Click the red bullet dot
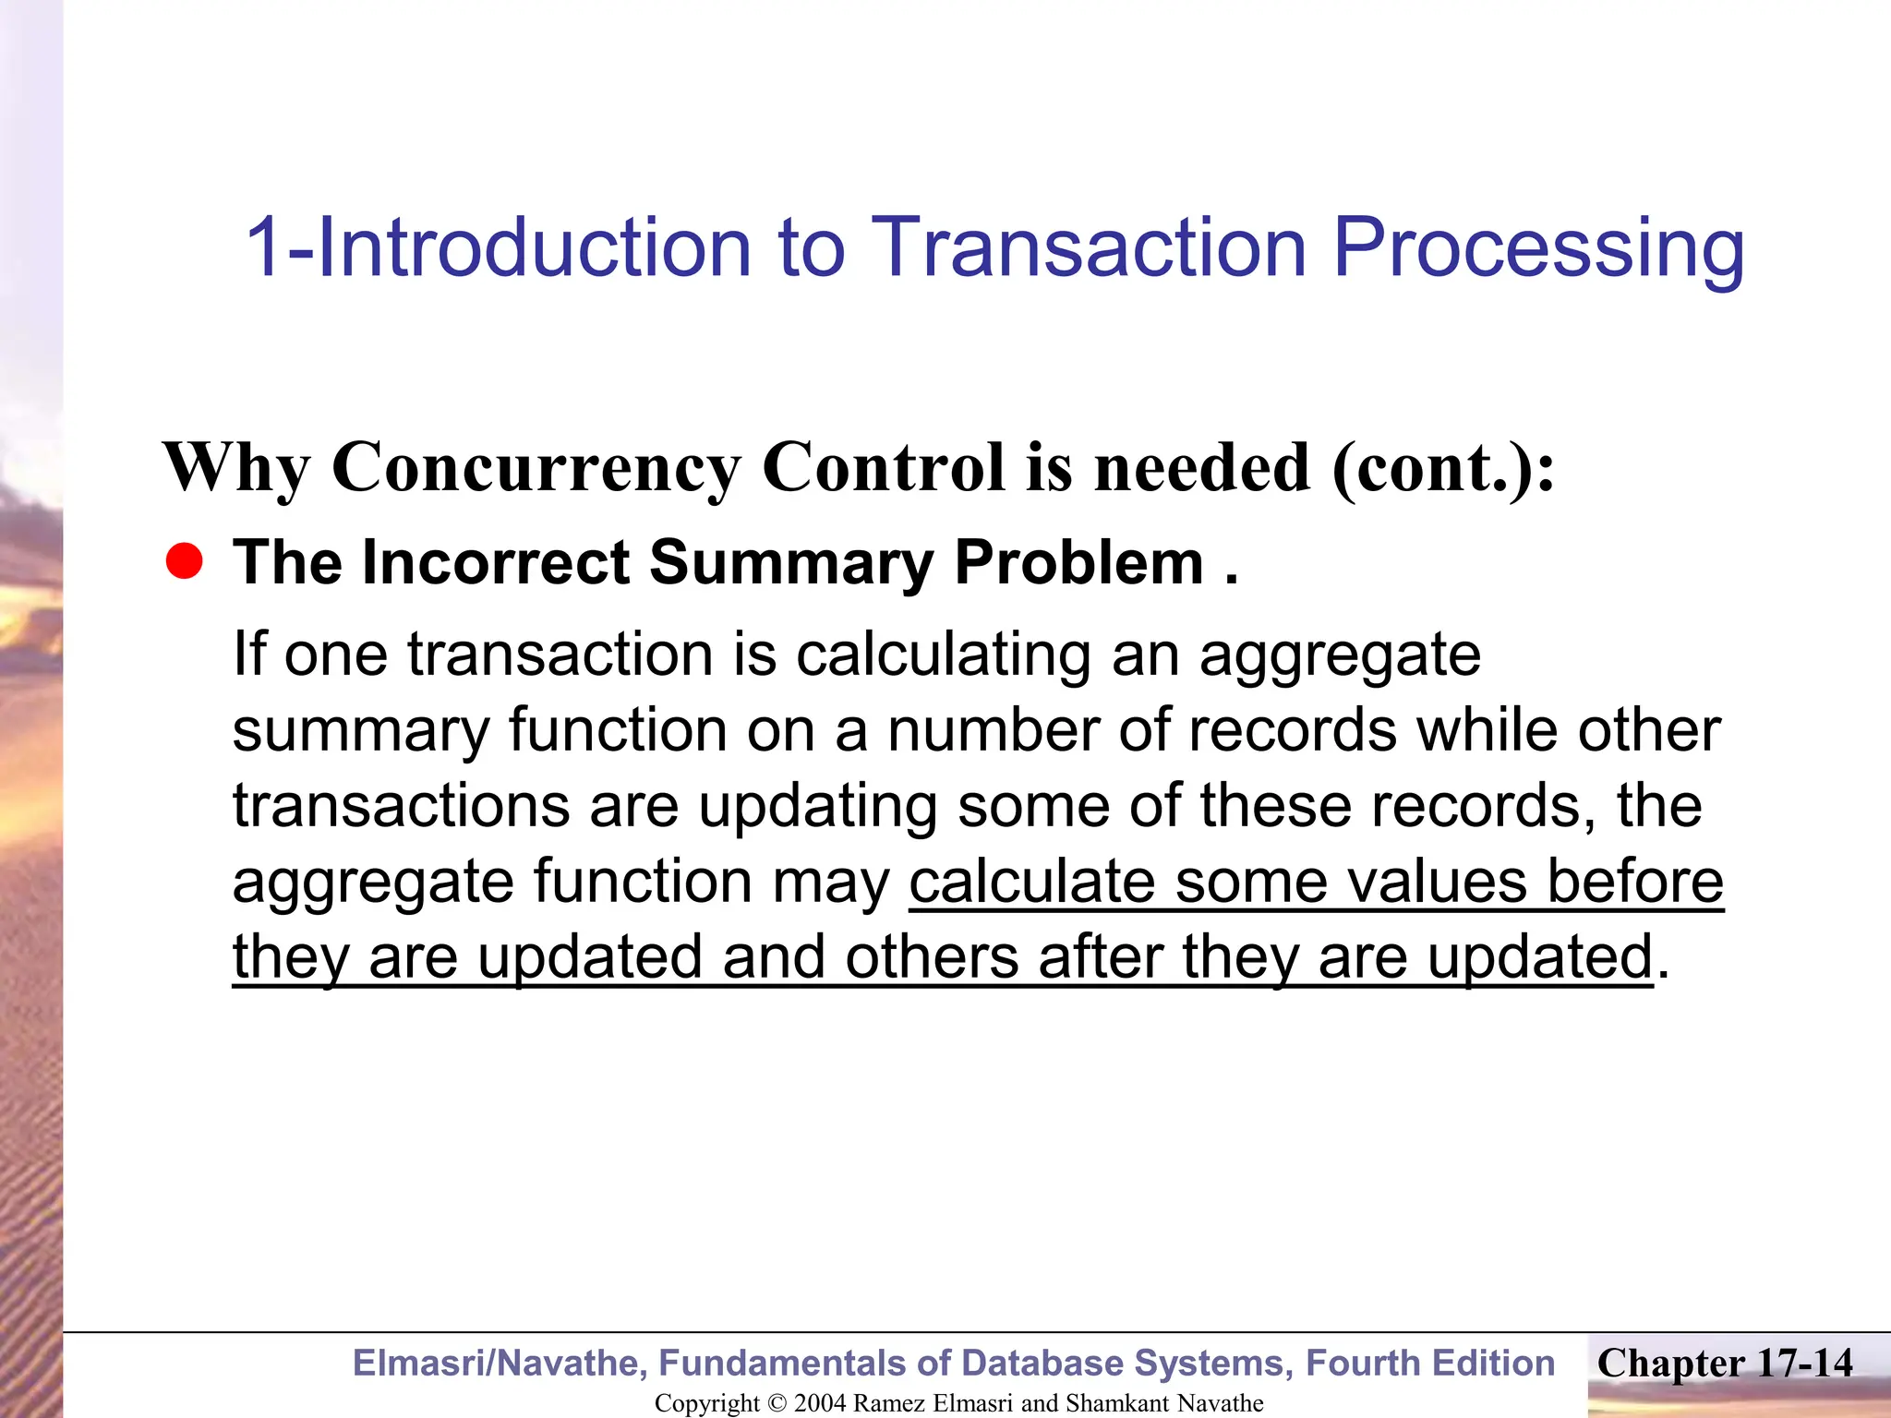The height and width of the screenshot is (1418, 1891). click(185, 561)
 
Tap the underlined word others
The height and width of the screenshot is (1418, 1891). click(932, 956)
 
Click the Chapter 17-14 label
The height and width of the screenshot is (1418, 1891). click(1724, 1363)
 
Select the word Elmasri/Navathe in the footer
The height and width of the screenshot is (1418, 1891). click(500, 1364)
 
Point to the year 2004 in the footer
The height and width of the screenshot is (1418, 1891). click(819, 1403)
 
